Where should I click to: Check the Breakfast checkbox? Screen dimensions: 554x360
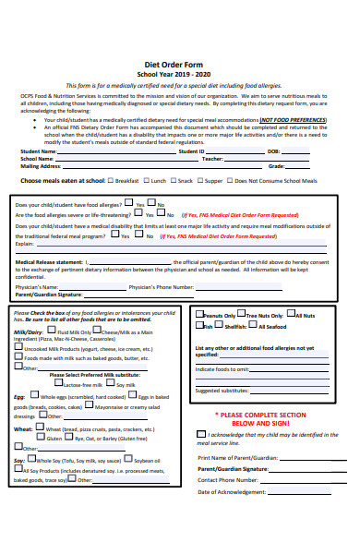point(112,181)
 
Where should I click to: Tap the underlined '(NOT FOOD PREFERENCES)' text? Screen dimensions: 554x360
point(293,120)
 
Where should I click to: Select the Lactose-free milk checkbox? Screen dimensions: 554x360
point(57,384)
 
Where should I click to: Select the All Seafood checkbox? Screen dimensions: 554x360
point(254,326)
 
